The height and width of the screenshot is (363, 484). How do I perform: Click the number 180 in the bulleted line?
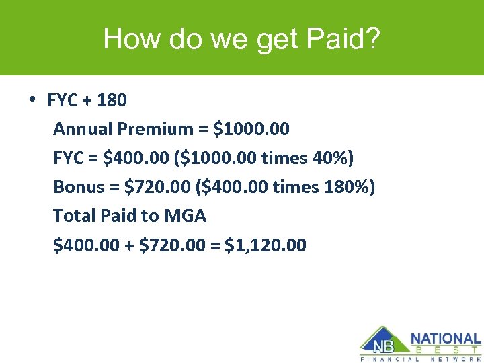coord(112,101)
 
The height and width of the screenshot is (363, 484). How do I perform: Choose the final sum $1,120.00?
coord(266,245)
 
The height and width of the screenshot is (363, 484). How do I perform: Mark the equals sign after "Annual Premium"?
coord(201,129)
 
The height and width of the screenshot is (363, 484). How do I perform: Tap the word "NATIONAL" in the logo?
coord(446,339)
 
